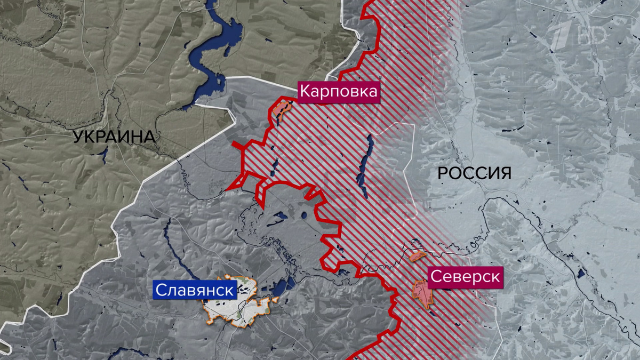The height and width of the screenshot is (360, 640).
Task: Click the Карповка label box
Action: click(x=338, y=92)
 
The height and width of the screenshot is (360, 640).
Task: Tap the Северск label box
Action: click(x=465, y=277)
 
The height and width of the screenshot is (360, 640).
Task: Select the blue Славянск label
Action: click(x=195, y=291)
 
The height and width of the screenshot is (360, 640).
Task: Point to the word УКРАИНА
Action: click(x=114, y=137)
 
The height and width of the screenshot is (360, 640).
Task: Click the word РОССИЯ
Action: click(x=474, y=173)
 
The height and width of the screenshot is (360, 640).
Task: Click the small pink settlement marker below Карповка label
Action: click(x=281, y=109)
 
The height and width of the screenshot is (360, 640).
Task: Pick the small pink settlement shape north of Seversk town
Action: click(x=416, y=256)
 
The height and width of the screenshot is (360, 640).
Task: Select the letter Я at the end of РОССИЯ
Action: click(x=506, y=173)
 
